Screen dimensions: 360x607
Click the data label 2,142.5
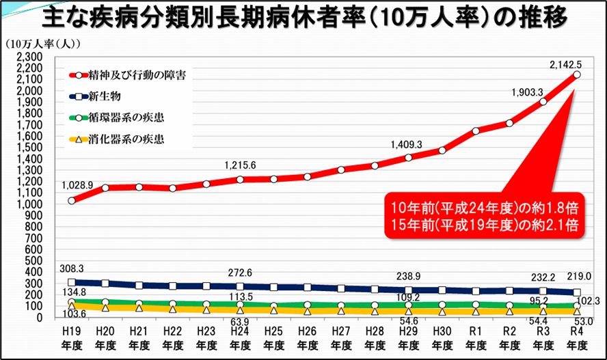point(566,64)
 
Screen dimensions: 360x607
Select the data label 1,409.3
point(407,145)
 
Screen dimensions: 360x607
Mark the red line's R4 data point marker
point(577,74)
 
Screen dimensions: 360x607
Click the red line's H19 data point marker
point(72,200)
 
